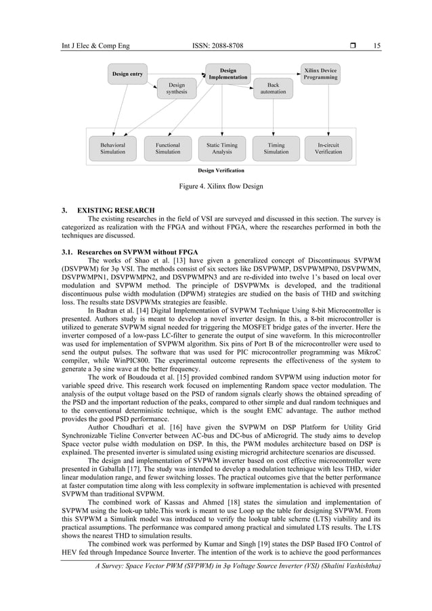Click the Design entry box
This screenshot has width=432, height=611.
[127, 74]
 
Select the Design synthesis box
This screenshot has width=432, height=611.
[177, 88]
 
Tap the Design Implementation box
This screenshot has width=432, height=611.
[228, 74]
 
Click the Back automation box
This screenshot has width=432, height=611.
[273, 88]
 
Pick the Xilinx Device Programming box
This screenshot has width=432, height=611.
[321, 74]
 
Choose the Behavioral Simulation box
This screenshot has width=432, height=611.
[112, 148]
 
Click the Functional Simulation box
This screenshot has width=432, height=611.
[167, 148]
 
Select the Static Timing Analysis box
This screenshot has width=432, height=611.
[222, 148]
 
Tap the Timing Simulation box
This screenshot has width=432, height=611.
[276, 148]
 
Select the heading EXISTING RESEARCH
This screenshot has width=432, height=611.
[116, 210]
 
